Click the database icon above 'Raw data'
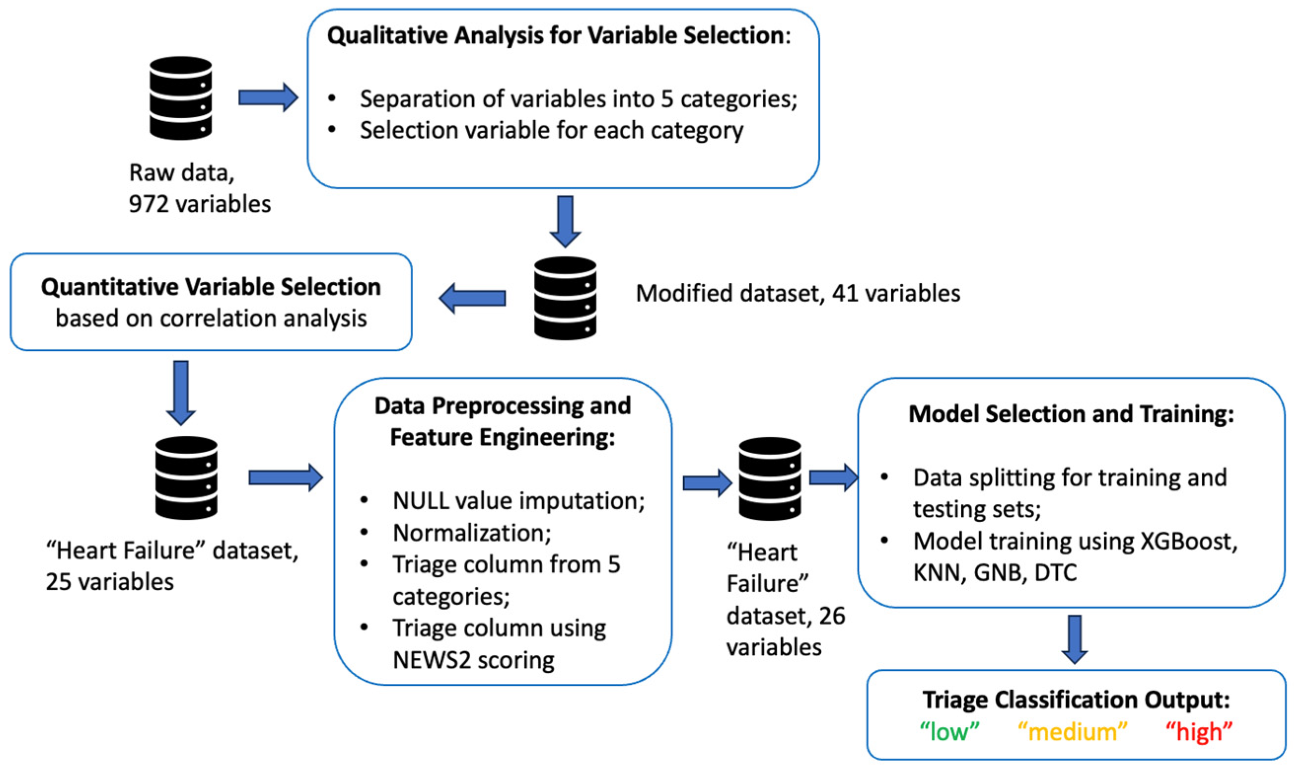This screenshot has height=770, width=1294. tap(180, 98)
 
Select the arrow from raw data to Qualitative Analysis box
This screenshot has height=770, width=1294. tap(268, 98)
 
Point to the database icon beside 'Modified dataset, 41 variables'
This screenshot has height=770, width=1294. tap(565, 299)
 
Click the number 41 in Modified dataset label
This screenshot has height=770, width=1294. tap(845, 294)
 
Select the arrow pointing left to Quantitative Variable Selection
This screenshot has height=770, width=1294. tap(472, 299)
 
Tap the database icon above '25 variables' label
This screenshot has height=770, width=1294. tap(186, 477)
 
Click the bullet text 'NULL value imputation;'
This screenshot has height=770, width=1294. tap(518, 501)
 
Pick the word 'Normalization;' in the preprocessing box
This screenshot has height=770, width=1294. tap(472, 533)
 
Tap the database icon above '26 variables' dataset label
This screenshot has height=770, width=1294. tap(770, 478)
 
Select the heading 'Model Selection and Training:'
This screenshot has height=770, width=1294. tap(1071, 414)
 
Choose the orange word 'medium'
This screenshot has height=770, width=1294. tap(1072, 732)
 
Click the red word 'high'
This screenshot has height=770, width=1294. tap(1199, 732)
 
